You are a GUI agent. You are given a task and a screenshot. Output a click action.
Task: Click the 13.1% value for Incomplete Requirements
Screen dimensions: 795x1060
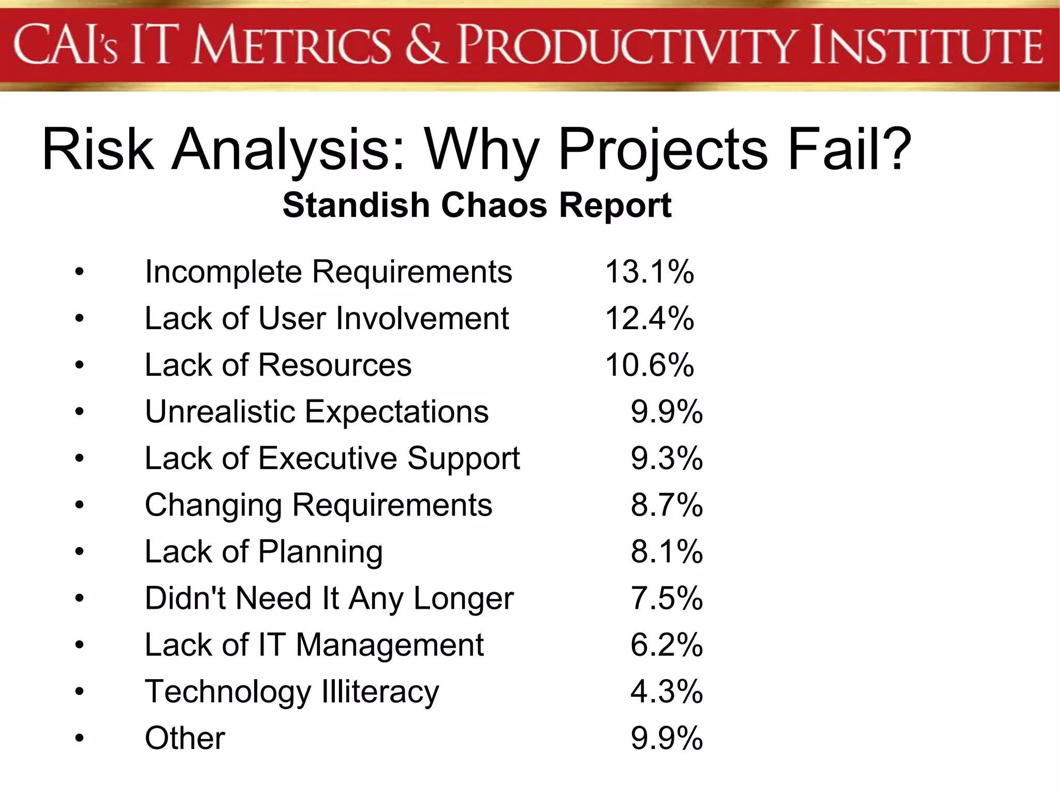[x=649, y=272]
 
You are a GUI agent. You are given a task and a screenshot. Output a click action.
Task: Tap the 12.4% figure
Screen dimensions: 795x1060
[x=649, y=318]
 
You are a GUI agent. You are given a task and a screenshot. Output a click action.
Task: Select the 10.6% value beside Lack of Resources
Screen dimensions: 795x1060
[x=649, y=365]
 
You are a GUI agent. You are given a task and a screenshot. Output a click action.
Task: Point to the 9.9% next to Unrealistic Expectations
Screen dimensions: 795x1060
[x=667, y=412]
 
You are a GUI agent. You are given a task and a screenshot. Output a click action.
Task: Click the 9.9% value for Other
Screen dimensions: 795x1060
[x=667, y=738]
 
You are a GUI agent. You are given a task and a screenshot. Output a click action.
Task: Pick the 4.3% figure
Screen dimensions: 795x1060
[x=667, y=691]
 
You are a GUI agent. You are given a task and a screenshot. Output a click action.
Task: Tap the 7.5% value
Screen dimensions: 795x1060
[x=667, y=598]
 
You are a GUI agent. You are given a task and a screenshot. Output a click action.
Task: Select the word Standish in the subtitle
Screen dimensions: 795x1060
[x=356, y=205]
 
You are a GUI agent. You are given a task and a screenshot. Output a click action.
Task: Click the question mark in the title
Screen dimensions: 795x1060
[x=894, y=149]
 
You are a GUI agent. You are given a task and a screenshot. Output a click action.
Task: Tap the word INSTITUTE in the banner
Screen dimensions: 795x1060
[x=926, y=46]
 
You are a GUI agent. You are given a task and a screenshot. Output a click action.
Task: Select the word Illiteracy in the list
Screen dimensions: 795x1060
[x=380, y=691]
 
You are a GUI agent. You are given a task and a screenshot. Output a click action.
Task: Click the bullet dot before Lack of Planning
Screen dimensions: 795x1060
[x=79, y=552]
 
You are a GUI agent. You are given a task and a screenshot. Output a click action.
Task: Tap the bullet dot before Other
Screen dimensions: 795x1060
[x=79, y=738]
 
